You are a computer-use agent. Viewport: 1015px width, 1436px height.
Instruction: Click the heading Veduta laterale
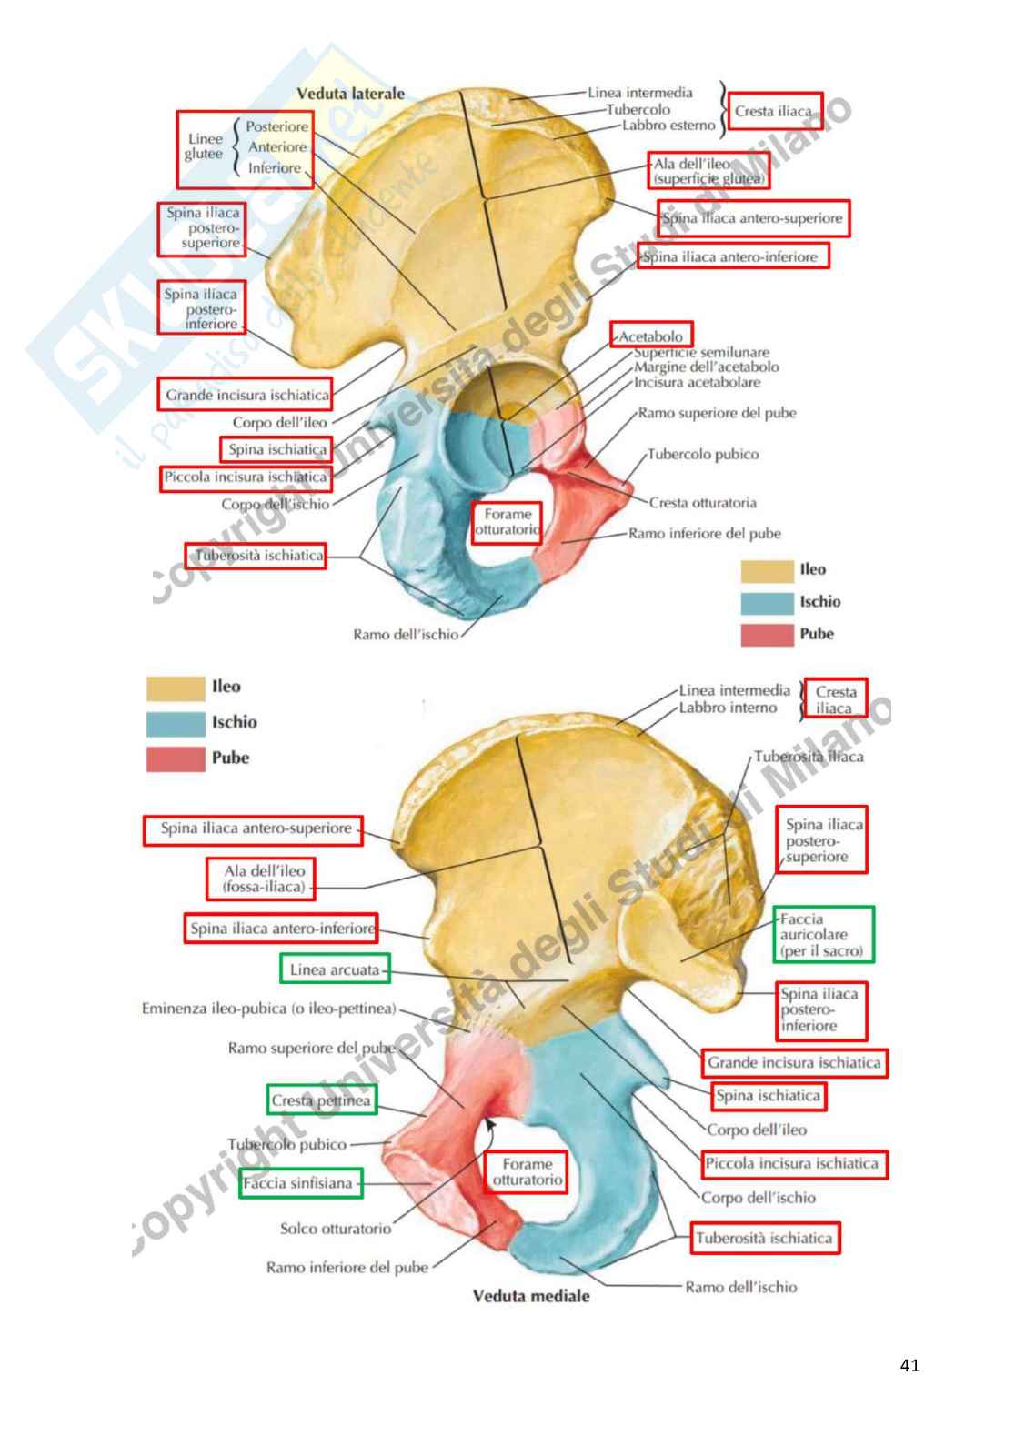[350, 94]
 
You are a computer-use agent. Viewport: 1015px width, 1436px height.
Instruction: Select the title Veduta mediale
[531, 1296]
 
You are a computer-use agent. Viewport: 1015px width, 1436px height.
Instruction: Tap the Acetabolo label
[651, 336]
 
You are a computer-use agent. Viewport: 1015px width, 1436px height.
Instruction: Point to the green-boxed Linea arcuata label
[335, 969]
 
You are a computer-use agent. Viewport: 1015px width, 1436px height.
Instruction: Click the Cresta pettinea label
[321, 1100]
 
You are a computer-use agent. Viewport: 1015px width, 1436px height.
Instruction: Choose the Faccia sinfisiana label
[298, 1183]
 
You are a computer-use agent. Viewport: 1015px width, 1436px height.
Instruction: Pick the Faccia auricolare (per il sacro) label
[822, 935]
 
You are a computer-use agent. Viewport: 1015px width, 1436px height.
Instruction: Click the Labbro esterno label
[668, 126]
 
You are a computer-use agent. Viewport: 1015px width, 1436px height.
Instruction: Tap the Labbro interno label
[728, 708]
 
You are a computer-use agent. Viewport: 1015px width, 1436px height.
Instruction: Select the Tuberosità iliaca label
[809, 757]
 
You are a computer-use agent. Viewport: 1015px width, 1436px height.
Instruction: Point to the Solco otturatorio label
[336, 1229]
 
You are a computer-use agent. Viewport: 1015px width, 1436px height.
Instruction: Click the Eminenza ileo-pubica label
[268, 1009]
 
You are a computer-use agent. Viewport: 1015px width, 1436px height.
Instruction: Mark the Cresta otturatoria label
[703, 503]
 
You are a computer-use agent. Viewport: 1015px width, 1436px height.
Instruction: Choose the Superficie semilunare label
[701, 352]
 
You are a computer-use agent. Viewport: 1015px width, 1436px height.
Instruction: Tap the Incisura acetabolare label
[697, 383]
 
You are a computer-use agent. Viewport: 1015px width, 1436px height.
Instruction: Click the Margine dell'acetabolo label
[706, 367]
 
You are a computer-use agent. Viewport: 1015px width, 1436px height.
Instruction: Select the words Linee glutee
[204, 146]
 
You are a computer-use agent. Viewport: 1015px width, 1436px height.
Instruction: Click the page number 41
[909, 1365]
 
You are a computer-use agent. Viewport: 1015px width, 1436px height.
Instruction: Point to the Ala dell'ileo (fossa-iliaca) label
[264, 879]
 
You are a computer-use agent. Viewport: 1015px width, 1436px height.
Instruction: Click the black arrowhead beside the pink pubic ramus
[489, 1122]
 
